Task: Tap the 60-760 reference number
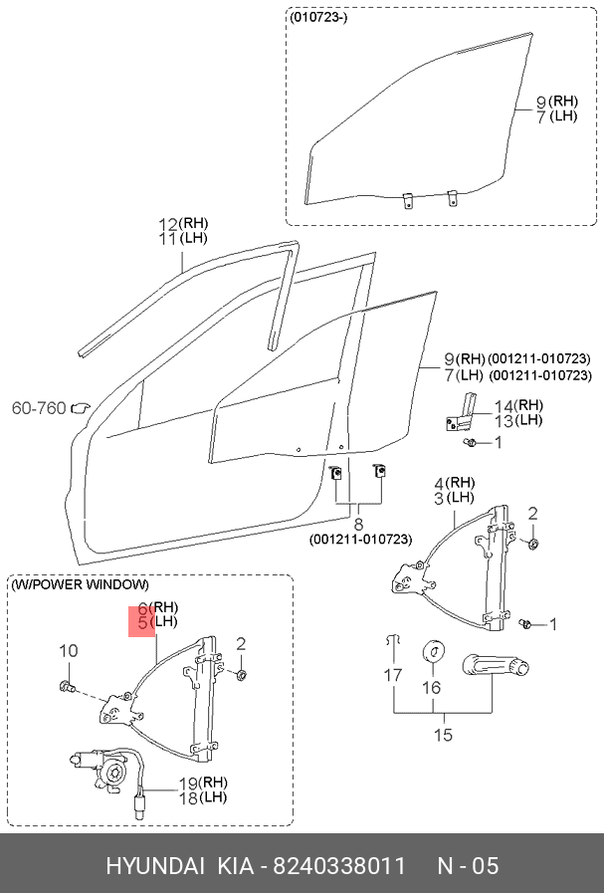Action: coord(38,408)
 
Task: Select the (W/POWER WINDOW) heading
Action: coord(81,584)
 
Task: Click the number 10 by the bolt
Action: coord(68,651)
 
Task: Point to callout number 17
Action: coord(394,675)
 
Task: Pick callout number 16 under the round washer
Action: coord(432,687)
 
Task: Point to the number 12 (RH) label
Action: coord(168,223)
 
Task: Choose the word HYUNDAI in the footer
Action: coord(155,865)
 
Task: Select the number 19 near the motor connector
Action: coord(188,782)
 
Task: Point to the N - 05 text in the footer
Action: coord(468,865)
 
